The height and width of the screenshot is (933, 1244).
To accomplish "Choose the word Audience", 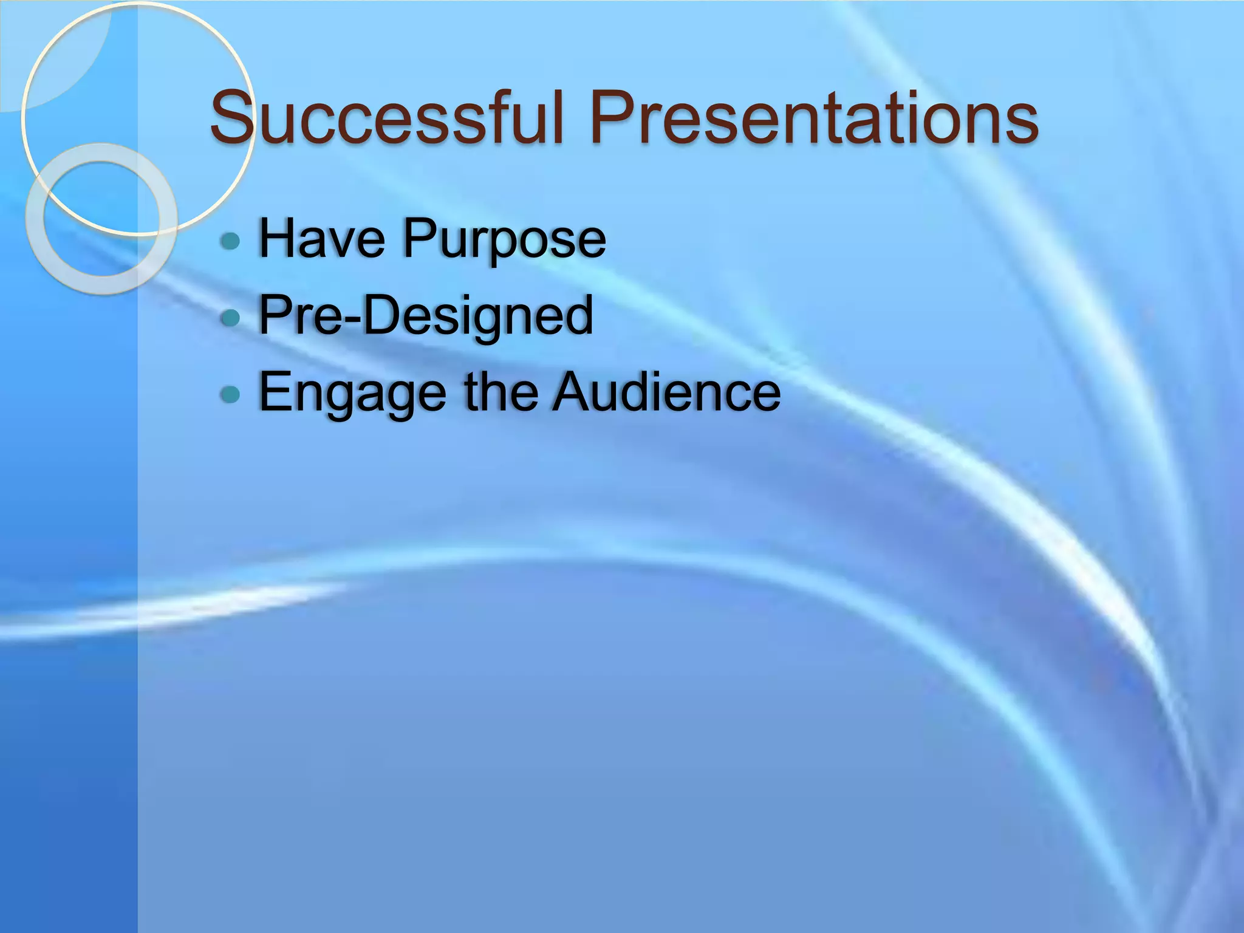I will pos(666,392).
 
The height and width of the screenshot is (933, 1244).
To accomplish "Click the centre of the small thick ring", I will pos(101,219).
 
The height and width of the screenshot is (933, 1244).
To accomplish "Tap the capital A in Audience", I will pos(574,392).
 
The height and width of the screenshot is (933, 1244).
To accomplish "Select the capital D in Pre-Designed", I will pos(383,315).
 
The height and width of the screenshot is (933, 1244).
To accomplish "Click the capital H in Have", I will pos(276,239).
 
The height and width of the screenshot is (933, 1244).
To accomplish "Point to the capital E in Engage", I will pos(276,392).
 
